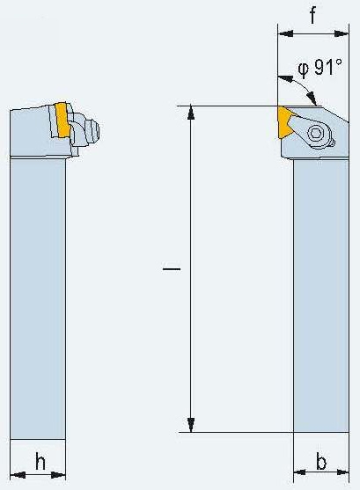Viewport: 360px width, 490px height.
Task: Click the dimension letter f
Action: pyautogui.click(x=312, y=14)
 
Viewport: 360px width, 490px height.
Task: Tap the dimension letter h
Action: pyautogui.click(x=40, y=461)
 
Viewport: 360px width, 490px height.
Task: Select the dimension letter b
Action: pyautogui.click(x=321, y=461)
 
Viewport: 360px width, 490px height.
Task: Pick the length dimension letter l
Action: pyautogui.click(x=172, y=268)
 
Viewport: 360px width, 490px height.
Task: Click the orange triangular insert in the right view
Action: pyautogui.click(x=284, y=121)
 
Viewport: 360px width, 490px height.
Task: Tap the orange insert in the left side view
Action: pyautogui.click(x=62, y=120)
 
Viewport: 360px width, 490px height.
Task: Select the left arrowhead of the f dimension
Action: pyautogui.click(x=285, y=33)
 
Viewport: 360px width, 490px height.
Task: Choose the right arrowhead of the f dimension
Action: pyautogui.click(x=342, y=33)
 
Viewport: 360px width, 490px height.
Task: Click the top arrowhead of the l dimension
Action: pyautogui.click(x=191, y=113)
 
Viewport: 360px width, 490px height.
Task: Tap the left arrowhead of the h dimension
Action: pyautogui.click(x=18, y=475)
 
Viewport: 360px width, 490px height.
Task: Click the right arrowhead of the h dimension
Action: pyautogui.click(x=58, y=475)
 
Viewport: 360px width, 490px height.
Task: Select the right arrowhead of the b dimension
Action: pyautogui.click(x=342, y=472)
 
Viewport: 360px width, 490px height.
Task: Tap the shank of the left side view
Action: pyautogui.click(x=38, y=299)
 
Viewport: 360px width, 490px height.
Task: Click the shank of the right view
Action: pyautogui.click(x=321, y=296)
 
